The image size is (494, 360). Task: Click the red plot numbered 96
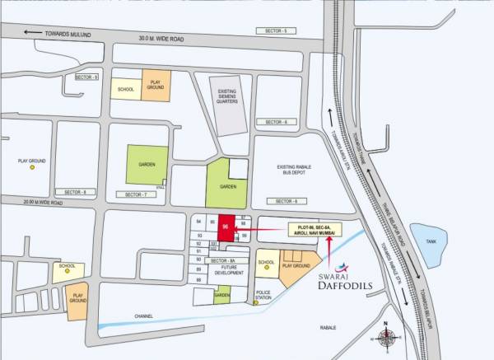tap(226, 226)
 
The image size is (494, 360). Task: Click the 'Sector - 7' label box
tap(134, 194)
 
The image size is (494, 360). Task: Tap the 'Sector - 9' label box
tap(86, 77)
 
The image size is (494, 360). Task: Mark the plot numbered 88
tap(198, 280)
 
